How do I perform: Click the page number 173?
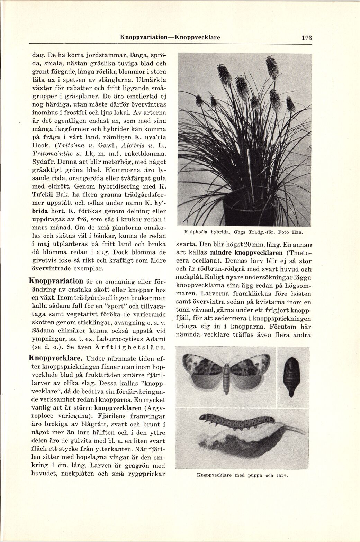pyautogui.click(x=306, y=38)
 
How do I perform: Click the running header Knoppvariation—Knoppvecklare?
pyautogui.click(x=170, y=37)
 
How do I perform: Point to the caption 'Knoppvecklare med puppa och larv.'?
pyautogui.click(x=242, y=475)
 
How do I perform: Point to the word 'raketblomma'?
pyautogui.click(x=148, y=153)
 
